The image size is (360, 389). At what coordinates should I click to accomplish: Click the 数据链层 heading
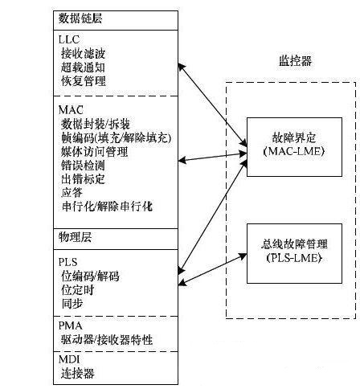(80, 18)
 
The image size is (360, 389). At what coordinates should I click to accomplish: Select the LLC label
(69, 39)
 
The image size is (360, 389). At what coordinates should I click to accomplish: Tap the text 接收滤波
(83, 54)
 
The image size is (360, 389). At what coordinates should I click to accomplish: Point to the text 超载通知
(83, 68)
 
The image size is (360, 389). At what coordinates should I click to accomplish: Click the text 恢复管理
(84, 81)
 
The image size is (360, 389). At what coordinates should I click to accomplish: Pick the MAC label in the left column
(71, 110)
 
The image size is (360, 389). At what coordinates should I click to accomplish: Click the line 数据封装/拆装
(96, 124)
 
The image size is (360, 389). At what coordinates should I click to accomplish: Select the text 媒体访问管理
(95, 152)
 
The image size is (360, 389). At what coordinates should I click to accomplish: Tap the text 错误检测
(83, 166)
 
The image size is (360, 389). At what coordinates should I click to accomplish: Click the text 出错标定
(83, 179)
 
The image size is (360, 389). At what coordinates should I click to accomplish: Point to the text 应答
(72, 193)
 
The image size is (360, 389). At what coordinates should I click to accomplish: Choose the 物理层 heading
(75, 237)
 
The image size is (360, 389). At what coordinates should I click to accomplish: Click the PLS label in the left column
(68, 262)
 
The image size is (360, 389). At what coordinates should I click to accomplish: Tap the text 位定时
(78, 290)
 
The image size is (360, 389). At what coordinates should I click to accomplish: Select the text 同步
(72, 304)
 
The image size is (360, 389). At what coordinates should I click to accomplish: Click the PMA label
(71, 326)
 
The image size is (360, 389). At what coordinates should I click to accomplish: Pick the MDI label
(69, 359)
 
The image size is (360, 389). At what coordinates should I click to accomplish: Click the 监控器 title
(296, 61)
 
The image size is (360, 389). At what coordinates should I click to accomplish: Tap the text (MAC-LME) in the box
(294, 151)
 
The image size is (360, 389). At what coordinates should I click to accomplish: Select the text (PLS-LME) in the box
(294, 258)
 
